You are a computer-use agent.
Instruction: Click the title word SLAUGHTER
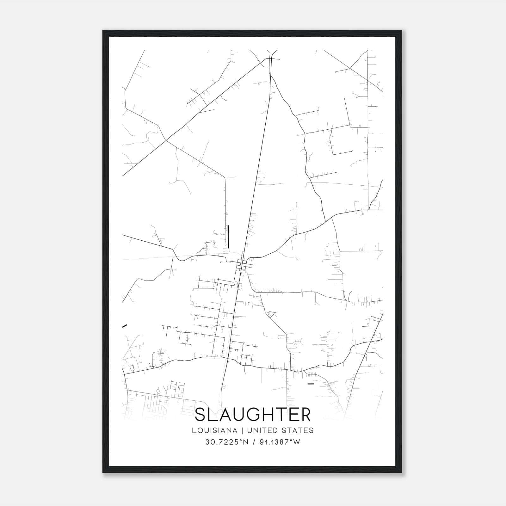point(253,415)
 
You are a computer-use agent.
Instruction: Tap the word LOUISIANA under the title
point(214,430)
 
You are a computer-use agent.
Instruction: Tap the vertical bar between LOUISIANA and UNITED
point(242,430)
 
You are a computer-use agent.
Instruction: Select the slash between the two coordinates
point(254,442)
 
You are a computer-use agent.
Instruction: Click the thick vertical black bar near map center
point(228,237)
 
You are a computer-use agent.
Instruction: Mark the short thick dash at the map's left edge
point(125,325)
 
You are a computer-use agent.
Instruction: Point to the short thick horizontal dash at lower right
point(311,384)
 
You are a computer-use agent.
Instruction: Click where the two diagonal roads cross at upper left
point(166,140)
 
